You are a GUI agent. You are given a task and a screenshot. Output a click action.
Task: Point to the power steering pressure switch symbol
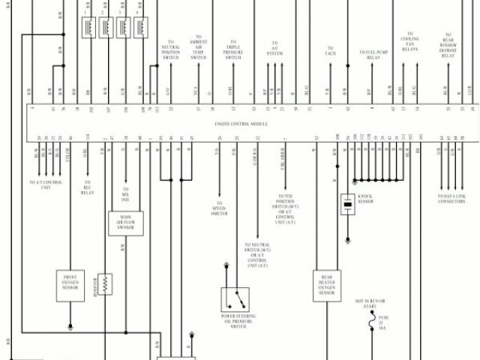238,299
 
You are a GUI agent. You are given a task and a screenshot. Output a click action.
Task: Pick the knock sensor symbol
347,203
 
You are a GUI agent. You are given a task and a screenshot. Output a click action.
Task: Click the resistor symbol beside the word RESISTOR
106,283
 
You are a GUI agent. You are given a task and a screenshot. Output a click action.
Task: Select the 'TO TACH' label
330,52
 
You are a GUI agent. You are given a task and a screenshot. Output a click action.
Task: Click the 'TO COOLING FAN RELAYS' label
409,42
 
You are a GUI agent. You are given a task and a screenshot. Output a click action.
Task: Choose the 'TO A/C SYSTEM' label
275,49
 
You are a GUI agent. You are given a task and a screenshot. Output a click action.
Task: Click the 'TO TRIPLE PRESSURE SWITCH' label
233,50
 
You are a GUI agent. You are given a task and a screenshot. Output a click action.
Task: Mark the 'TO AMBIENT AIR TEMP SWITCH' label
198,46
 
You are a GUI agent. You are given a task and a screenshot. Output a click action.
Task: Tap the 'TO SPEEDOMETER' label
219,208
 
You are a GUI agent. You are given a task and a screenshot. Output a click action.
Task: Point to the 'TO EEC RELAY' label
88,187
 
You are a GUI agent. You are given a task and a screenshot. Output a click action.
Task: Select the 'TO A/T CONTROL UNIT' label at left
44,184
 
